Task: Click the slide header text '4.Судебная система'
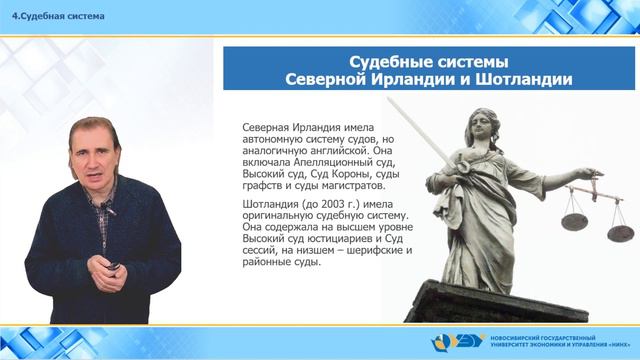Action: click(52, 15)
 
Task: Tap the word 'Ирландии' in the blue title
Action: click(408, 79)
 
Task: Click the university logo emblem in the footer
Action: click(445, 342)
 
